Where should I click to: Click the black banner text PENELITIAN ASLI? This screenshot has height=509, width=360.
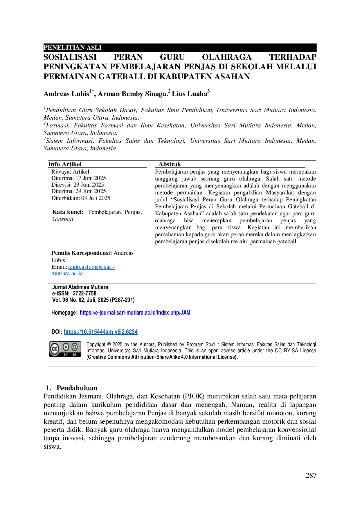73,48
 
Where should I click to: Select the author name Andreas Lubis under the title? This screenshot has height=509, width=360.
66,94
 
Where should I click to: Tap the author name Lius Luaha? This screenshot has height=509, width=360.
190,94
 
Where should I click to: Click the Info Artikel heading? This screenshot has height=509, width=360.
65,164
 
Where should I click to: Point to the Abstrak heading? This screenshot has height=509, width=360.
170,164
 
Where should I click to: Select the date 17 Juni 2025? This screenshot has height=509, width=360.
91,178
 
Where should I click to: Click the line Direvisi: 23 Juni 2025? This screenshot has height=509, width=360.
78,185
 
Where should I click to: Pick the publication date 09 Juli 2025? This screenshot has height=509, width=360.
96,198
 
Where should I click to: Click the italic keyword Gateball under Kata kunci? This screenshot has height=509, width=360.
63,219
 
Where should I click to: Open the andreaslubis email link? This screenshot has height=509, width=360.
83,270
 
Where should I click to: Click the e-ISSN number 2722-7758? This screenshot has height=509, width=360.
84,293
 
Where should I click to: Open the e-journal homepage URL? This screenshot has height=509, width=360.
135,313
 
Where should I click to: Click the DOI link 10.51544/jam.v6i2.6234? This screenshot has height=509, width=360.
101,332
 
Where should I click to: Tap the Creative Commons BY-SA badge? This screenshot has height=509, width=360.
65,349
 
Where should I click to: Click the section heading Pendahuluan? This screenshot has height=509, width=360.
77,388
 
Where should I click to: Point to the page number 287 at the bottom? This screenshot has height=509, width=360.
311,475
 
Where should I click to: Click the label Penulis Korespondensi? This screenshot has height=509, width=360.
82,253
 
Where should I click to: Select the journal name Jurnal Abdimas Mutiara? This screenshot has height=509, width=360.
80,287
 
